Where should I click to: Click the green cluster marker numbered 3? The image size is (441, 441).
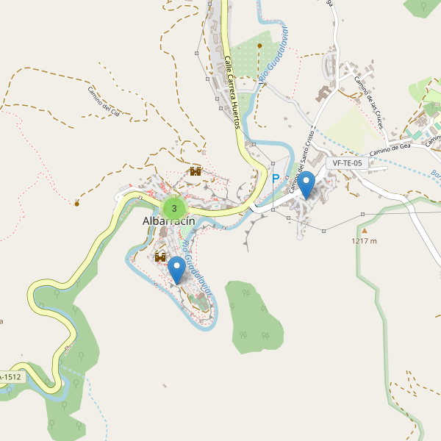click(173, 207)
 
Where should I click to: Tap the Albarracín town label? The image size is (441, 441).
click(168, 223)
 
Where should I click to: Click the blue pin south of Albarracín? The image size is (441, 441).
click(177, 269)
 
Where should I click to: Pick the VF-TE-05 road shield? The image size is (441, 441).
click(348, 163)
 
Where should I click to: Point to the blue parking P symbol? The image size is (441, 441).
click(276, 179)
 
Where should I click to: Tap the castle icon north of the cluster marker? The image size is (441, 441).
click(196, 171)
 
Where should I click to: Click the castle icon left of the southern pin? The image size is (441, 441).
click(160, 257)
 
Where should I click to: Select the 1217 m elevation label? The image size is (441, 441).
click(364, 240)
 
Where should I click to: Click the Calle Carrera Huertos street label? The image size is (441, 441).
click(233, 93)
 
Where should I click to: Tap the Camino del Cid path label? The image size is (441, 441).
click(108, 102)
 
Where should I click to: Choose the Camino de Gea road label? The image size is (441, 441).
click(389, 149)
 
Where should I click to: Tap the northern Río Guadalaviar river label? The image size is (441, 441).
click(274, 54)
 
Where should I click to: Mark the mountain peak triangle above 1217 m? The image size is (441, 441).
click(363, 230)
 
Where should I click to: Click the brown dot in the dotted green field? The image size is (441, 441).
click(259, 46)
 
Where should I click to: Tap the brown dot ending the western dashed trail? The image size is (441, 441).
click(76, 202)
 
